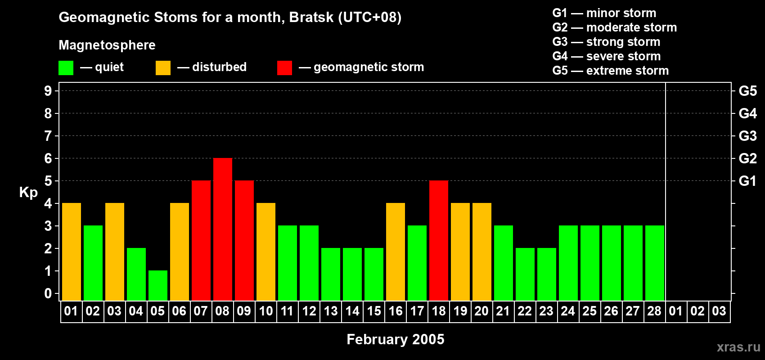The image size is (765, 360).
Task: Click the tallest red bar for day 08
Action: click(223, 229)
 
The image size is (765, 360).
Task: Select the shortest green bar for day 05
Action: click(158, 285)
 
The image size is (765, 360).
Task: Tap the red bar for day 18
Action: click(439, 240)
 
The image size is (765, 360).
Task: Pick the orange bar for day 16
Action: click(396, 252)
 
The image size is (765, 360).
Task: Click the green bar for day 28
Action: click(655, 263)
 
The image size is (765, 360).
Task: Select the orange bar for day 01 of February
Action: click(72, 252)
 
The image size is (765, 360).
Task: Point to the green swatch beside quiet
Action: click(66, 68)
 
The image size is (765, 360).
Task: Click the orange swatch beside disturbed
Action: click(163, 68)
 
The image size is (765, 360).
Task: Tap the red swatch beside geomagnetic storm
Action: click(284, 68)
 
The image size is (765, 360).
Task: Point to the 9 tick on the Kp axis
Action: click(48, 91)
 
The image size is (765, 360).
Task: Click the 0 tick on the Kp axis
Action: click(48, 293)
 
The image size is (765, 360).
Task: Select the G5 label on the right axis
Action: click(747, 91)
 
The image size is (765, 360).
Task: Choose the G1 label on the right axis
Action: click(747, 181)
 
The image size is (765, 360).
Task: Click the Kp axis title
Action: click(28, 192)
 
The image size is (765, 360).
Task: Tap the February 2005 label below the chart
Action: click(395, 339)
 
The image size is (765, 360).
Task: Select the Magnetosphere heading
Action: click(107, 45)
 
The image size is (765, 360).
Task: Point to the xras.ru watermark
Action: click(738, 346)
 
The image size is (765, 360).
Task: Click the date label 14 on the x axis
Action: click(352, 311)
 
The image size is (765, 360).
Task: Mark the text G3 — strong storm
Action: click(606, 42)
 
